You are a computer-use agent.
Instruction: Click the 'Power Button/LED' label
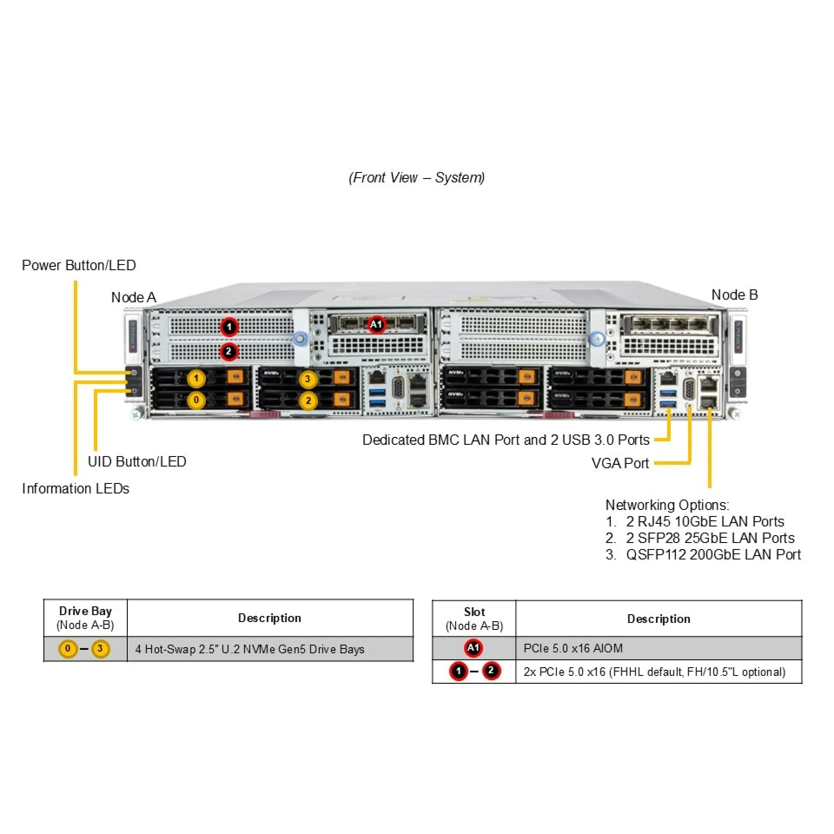[79, 265]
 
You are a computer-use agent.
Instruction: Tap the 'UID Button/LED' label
[137, 461]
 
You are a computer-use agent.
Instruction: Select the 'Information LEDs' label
[76, 488]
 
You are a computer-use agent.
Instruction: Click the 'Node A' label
[133, 298]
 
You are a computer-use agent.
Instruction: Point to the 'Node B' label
[734, 295]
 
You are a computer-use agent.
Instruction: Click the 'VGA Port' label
[620, 463]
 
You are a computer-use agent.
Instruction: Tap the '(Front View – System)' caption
[417, 177]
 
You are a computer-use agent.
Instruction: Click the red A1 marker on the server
[376, 324]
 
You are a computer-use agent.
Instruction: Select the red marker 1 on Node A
[229, 327]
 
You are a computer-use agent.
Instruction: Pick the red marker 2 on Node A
[228, 351]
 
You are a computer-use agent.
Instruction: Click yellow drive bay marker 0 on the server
[196, 400]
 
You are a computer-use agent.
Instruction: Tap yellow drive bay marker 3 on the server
[308, 379]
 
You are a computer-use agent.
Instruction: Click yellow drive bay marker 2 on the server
[308, 400]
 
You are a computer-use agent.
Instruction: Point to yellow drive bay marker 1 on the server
[196, 378]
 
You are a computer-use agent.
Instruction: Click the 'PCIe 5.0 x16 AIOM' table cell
[573, 648]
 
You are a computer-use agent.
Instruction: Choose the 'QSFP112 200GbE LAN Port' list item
[713, 555]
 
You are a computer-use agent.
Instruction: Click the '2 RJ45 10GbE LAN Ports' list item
[705, 521]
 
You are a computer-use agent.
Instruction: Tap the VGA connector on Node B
[688, 389]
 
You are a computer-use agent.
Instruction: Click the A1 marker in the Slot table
[473, 648]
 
